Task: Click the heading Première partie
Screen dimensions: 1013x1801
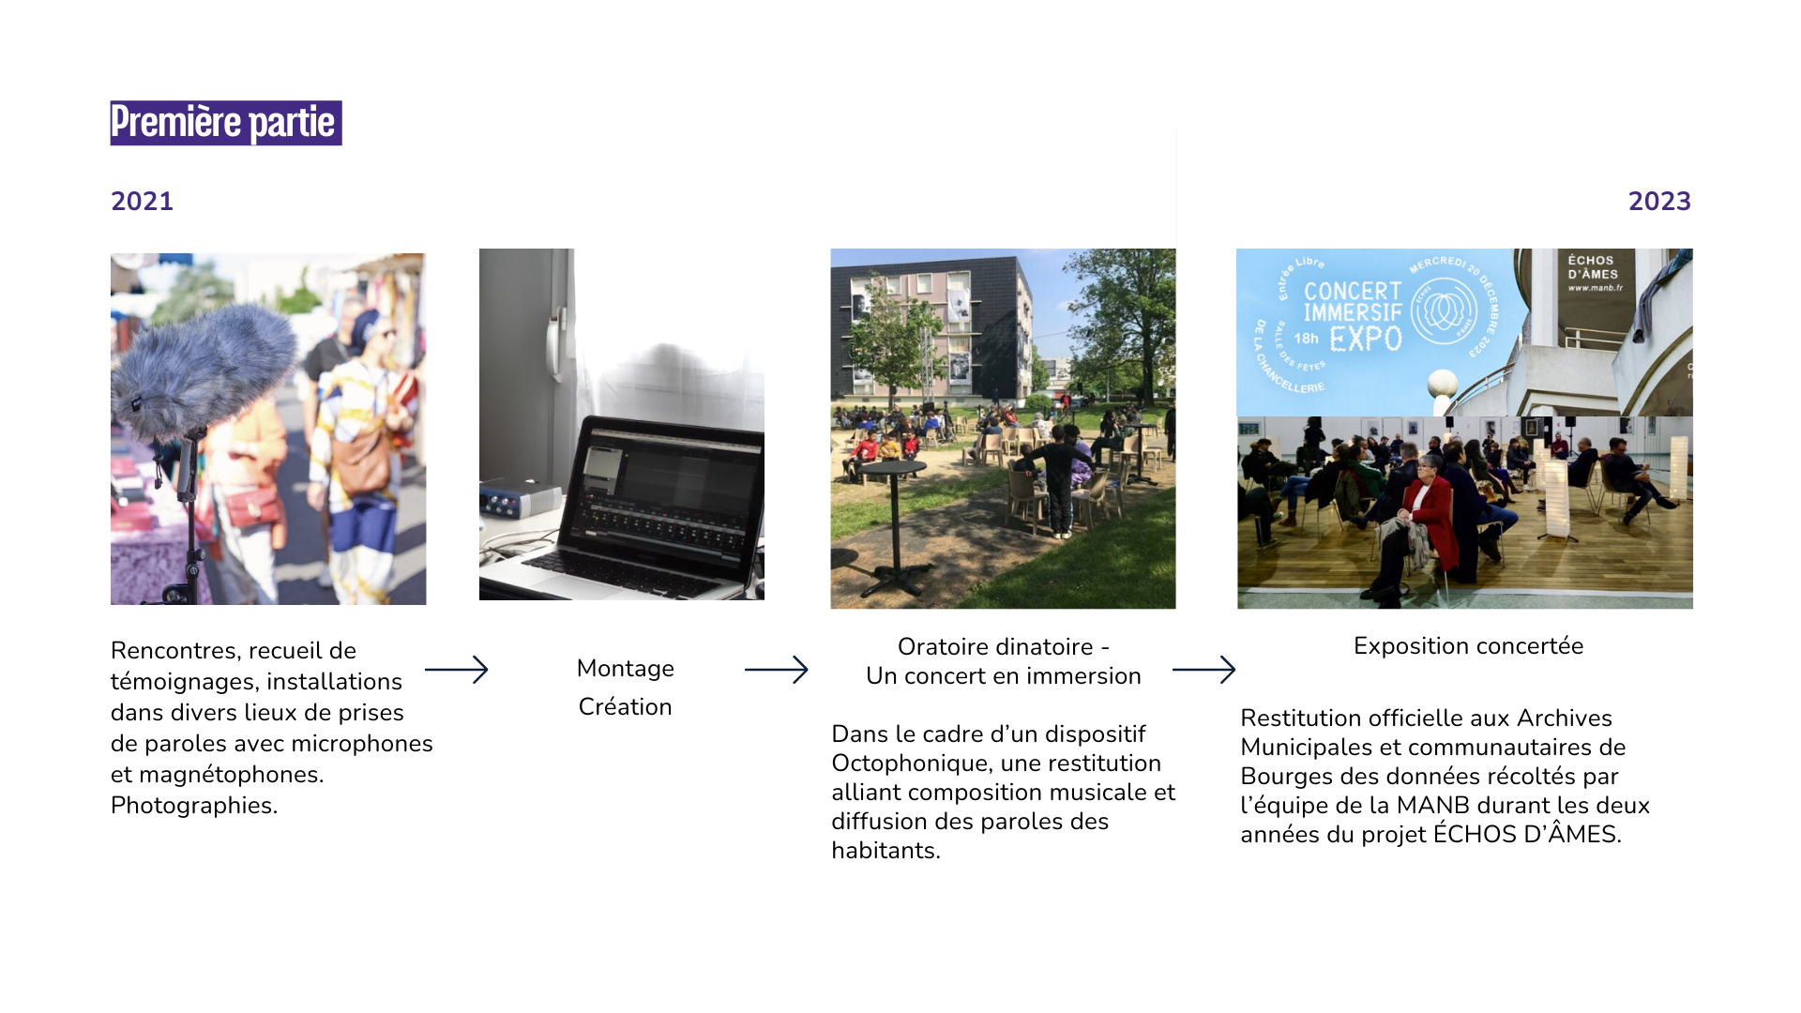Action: [x=225, y=123]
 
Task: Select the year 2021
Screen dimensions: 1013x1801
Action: [x=142, y=202]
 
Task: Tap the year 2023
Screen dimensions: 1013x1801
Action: [x=1658, y=202]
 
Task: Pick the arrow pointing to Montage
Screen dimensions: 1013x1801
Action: [x=457, y=670]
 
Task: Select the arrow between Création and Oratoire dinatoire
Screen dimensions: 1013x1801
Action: [x=776, y=670]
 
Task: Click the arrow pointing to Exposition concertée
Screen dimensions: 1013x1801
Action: [x=1203, y=670]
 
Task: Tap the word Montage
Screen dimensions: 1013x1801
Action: [x=625, y=669]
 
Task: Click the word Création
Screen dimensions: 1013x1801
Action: [x=625, y=707]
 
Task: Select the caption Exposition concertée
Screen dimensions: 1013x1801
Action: [x=1468, y=646]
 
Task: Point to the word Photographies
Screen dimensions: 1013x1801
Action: [x=193, y=806]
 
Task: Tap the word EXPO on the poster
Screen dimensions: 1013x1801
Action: [x=1365, y=339]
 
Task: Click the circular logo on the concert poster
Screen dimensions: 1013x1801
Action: [x=1444, y=310]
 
